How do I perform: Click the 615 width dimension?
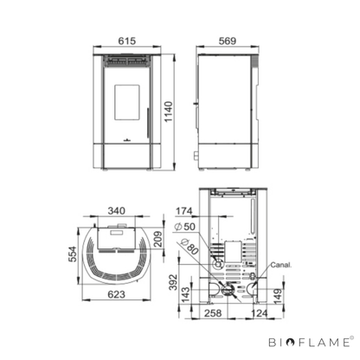(127, 41)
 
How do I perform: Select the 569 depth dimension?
(228, 41)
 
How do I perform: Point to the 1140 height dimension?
(168, 112)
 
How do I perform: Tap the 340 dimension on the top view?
(117, 211)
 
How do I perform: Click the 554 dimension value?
(73, 254)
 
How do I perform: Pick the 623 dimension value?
(117, 294)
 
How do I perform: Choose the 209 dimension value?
(157, 239)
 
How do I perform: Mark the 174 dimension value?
(184, 211)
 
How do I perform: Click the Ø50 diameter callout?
(185, 227)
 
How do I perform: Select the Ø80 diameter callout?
(190, 247)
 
